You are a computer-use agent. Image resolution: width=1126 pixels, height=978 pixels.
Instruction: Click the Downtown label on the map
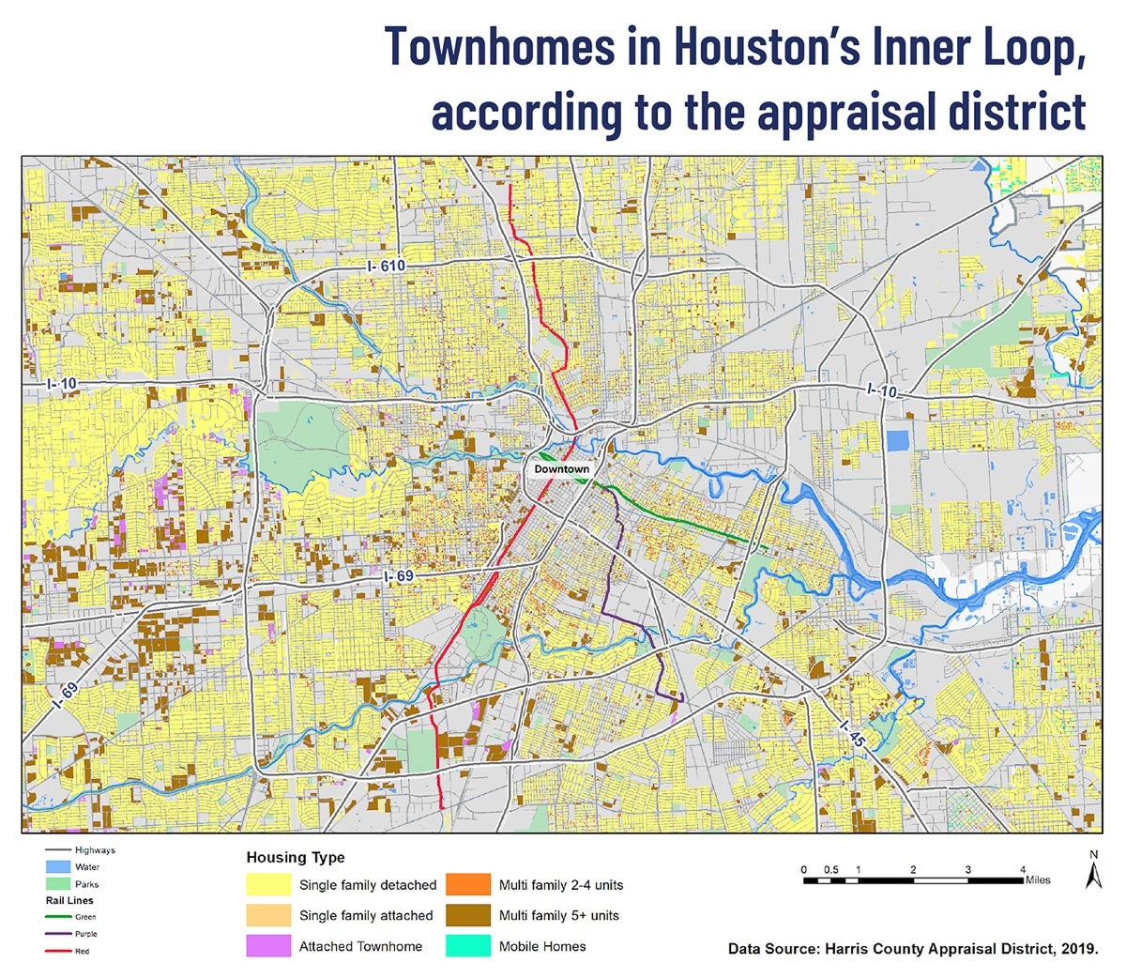[x=561, y=469]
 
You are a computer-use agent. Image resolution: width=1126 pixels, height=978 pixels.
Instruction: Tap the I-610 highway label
[x=386, y=267]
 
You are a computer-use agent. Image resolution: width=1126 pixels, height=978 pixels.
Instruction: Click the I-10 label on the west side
[x=63, y=384]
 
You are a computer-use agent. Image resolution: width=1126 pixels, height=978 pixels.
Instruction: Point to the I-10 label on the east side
[x=883, y=389]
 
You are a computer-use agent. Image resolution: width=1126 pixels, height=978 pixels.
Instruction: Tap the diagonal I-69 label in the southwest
[x=65, y=693]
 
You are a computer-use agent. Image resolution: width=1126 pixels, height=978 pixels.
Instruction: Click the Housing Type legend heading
[x=295, y=857]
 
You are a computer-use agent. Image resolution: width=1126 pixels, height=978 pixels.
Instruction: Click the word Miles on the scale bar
[x=1038, y=880]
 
